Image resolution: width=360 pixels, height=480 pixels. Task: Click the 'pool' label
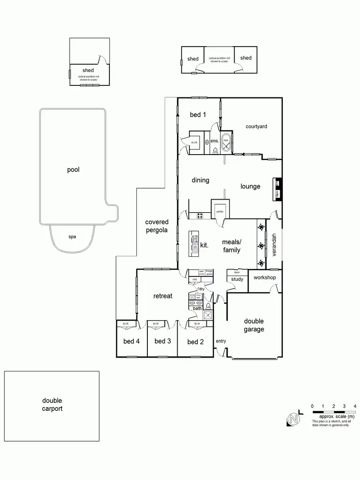point(73,169)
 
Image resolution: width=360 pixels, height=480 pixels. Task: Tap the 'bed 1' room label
point(198,115)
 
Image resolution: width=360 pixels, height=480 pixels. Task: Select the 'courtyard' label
point(256,126)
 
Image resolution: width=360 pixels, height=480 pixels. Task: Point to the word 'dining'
point(201,180)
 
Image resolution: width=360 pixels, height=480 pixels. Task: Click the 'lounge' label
point(251,186)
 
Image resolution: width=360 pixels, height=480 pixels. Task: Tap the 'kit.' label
point(204,245)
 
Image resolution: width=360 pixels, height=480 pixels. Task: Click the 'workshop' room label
point(264,278)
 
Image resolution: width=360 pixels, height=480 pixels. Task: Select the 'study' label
point(237,279)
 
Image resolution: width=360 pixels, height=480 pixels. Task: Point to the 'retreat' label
point(163,296)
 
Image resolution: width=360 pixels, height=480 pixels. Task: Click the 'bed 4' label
point(131,341)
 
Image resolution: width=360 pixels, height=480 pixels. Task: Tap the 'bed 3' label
point(163,341)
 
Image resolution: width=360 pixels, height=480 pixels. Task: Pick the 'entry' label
point(221,341)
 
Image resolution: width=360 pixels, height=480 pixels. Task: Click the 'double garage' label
point(254,325)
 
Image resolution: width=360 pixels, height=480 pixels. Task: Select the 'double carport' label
point(52,405)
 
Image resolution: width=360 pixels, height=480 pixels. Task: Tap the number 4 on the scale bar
point(355,406)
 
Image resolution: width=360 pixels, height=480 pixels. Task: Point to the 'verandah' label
point(274,244)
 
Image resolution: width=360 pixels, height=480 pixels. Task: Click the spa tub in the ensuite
point(226,143)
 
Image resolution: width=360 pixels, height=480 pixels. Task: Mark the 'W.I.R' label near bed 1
point(194,143)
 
